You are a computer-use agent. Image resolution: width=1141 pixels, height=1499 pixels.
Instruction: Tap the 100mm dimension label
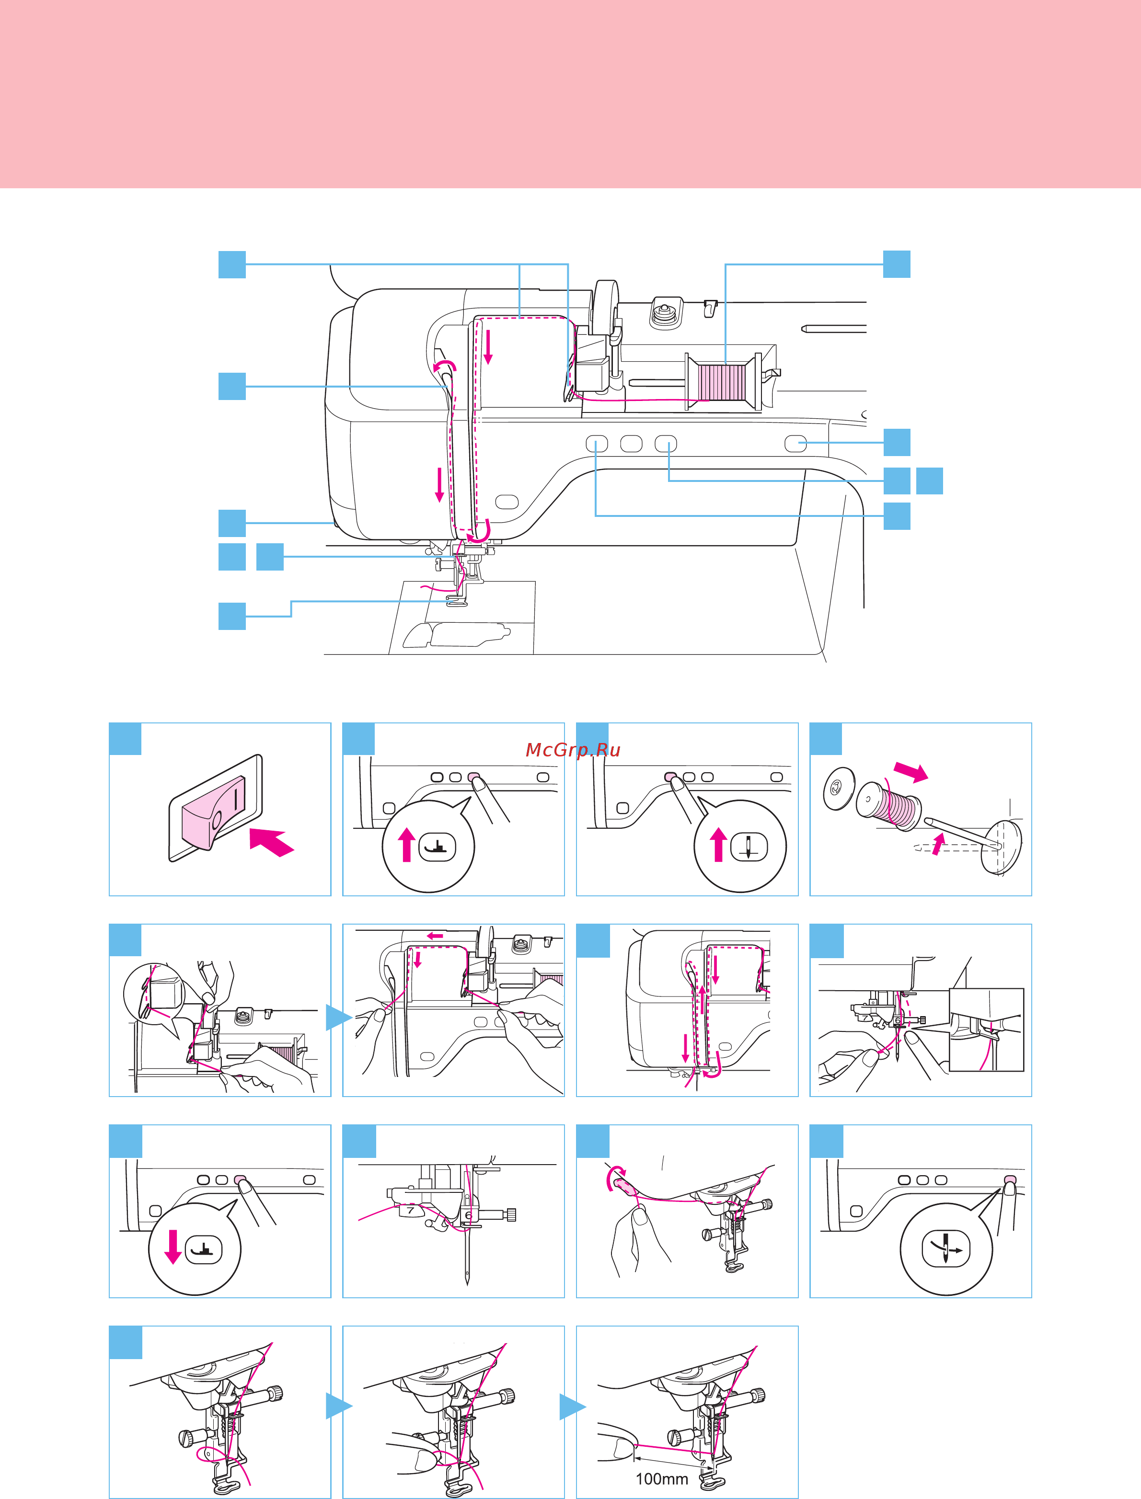pos(661,1478)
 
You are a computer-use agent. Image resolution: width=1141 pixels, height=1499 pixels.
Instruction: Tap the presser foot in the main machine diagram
pos(457,600)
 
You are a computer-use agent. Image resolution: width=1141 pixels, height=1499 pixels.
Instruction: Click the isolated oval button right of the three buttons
pos(795,443)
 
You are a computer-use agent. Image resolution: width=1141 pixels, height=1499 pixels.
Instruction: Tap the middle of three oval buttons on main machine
pos(631,443)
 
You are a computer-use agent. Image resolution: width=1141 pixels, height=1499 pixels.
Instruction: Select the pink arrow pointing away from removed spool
pos(910,771)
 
